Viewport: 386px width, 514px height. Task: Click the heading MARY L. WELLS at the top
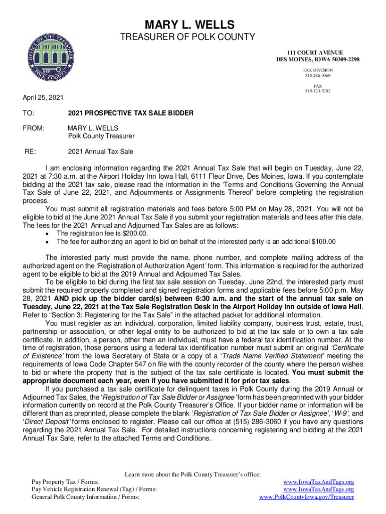[x=189, y=24]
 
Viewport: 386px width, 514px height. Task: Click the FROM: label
[x=33, y=128]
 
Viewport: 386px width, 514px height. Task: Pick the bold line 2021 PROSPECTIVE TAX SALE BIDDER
[x=130, y=113]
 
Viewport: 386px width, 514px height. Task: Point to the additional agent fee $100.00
[x=322, y=241]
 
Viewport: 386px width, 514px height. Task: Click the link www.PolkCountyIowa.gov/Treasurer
[x=306, y=497]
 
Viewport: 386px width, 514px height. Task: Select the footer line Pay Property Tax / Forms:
[x=69, y=481]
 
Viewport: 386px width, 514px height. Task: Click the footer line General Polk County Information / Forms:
[x=85, y=497]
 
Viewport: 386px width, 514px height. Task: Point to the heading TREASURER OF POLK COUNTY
[x=189, y=37]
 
